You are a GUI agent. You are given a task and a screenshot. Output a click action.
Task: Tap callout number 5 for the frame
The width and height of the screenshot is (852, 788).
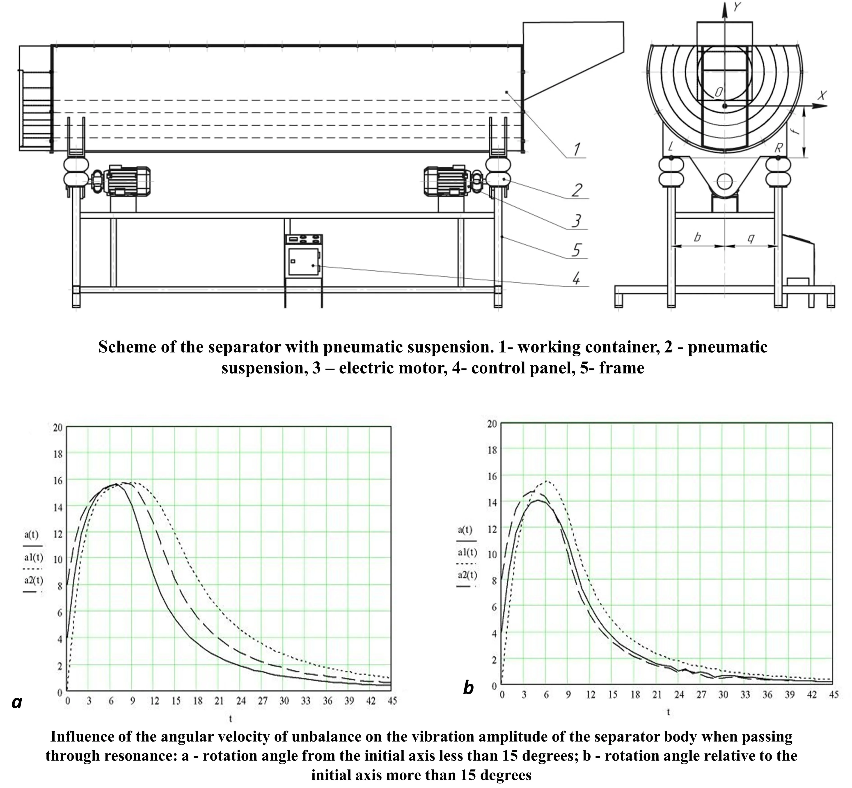[576, 250]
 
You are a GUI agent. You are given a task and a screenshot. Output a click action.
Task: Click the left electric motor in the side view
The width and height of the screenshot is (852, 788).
[128, 181]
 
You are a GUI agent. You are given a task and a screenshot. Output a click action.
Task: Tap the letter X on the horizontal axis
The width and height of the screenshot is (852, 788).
[822, 96]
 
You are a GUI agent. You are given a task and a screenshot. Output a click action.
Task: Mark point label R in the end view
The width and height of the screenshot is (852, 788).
[779, 148]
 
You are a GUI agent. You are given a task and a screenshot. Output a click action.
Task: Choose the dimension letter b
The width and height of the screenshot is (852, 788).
[698, 237]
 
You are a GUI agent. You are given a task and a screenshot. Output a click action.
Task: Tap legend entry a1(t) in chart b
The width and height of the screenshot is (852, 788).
[467, 553]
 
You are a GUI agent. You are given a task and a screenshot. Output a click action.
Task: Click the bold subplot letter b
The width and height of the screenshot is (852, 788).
[468, 688]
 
